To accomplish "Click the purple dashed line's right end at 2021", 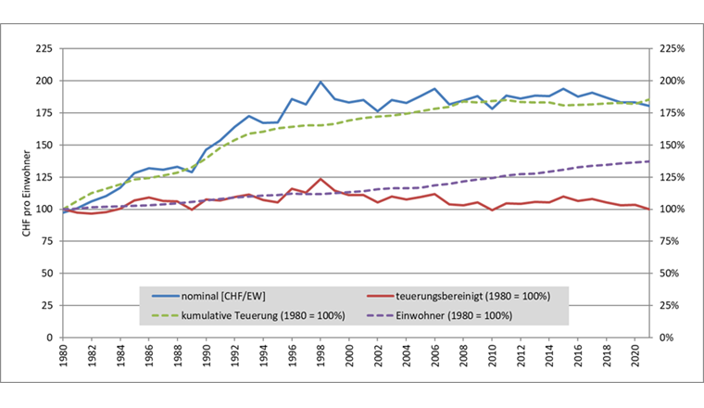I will (x=648, y=161).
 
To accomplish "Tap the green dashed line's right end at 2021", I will (x=648, y=99).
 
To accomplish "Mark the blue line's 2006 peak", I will (x=434, y=89).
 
